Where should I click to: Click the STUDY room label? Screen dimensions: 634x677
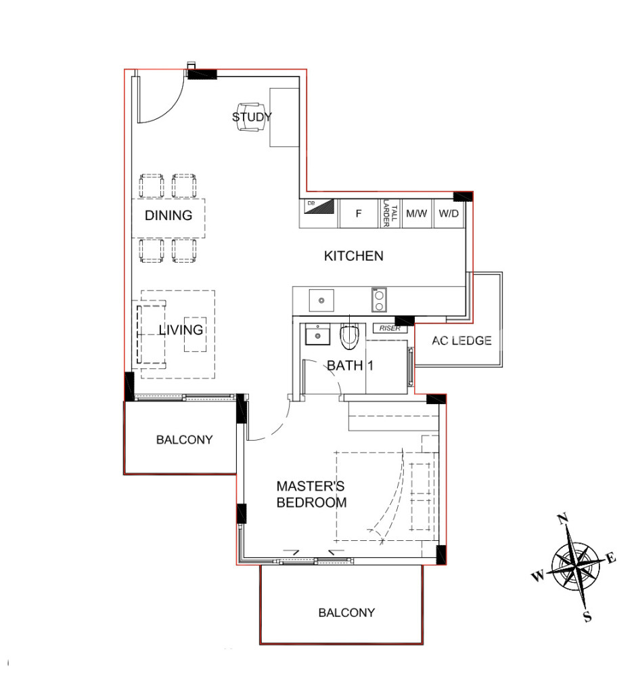click(252, 117)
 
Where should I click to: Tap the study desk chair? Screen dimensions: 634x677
click(251, 117)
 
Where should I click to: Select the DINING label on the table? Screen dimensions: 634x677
click(168, 215)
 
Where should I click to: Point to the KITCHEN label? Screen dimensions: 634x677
click(353, 256)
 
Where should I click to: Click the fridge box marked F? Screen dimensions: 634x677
click(358, 213)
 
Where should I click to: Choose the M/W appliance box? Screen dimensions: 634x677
click(417, 213)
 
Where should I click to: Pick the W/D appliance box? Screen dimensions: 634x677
click(449, 213)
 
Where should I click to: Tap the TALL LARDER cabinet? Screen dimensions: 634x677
click(390, 213)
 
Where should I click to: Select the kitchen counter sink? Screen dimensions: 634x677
click(321, 301)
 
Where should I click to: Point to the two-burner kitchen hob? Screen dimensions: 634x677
click(379, 300)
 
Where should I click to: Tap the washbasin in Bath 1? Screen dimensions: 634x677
click(317, 334)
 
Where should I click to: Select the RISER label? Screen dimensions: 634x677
click(390, 328)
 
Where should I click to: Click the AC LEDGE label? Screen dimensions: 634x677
click(461, 341)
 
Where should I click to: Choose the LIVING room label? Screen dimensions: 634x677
click(181, 330)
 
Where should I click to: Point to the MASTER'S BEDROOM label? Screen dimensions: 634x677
click(311, 494)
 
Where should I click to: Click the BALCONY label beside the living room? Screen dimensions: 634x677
click(184, 439)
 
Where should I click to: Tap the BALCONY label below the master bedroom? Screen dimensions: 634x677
click(346, 613)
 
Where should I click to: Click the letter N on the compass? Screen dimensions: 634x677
click(563, 519)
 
